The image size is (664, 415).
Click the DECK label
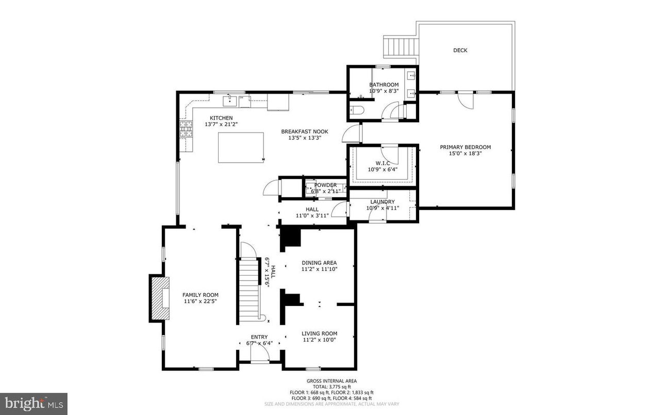pos(460,50)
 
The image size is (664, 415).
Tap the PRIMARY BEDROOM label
pos(465,147)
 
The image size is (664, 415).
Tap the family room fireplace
pos(160,298)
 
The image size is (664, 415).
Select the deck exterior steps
pos(400,49)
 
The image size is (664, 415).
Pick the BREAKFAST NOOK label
pos(304,132)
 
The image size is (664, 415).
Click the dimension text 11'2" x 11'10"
pos(319,269)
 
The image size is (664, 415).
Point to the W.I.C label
pos(382,163)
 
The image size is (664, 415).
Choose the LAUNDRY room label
pos(382,202)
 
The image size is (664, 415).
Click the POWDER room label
pos(325,185)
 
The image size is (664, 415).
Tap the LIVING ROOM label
pos(319,333)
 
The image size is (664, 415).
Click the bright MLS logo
pos(34,403)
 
